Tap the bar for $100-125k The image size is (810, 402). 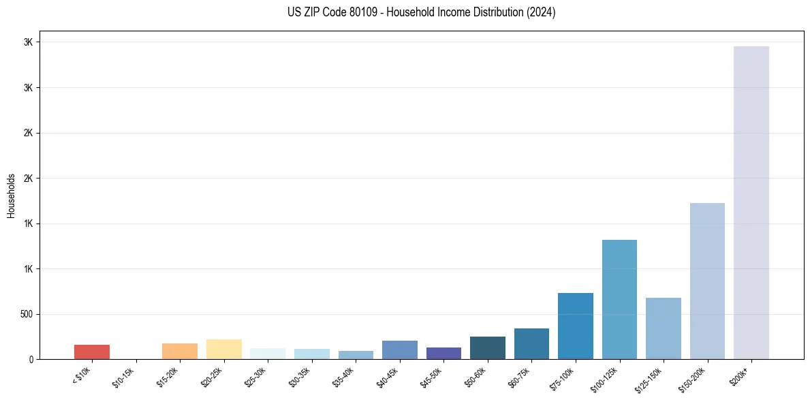619,299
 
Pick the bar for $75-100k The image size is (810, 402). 575,326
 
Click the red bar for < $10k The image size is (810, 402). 92,352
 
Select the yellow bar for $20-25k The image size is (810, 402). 223,349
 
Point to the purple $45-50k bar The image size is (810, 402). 443,353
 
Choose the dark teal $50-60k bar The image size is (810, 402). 487,347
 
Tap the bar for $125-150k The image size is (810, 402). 663,328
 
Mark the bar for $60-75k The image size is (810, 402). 531,343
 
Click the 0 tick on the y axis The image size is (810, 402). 31,359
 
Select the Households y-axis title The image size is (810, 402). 12,196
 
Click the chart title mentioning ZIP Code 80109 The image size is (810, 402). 422,12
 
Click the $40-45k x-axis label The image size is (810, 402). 388,375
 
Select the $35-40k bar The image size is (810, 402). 356,355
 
